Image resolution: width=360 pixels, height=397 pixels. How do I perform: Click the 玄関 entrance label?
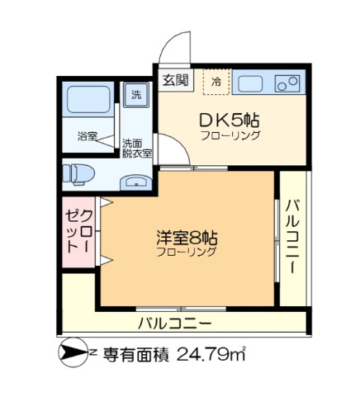pyautogui.click(x=175, y=80)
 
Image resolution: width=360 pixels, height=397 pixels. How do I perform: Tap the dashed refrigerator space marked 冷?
pyautogui.click(x=216, y=82)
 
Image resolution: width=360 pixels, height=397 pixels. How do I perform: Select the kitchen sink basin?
pyautogui.click(x=250, y=83)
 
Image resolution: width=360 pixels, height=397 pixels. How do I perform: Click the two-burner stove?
pyautogui.click(x=287, y=83)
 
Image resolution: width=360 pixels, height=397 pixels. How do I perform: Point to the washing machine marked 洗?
pyautogui.click(x=136, y=95)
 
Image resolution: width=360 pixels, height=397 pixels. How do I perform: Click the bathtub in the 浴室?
pyautogui.click(x=88, y=99)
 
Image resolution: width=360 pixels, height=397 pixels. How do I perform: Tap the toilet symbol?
pyautogui.click(x=78, y=174)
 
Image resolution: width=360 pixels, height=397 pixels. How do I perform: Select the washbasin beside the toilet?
pyautogui.click(x=135, y=182)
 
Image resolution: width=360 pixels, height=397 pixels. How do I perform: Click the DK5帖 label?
pyautogui.click(x=230, y=121)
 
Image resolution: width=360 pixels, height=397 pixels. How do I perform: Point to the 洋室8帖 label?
pyautogui.click(x=187, y=238)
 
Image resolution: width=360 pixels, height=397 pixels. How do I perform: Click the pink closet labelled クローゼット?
pyautogui.click(x=78, y=232)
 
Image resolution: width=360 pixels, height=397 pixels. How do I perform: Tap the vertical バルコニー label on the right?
pyautogui.click(x=293, y=237)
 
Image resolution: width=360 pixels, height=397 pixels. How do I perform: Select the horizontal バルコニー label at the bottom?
pyautogui.click(x=175, y=324)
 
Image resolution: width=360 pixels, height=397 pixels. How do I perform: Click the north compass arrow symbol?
pyautogui.click(x=73, y=352)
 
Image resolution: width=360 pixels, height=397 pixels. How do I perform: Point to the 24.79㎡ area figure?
pyautogui.click(x=211, y=354)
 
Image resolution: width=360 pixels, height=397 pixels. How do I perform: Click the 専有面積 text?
pyautogui.click(x=135, y=355)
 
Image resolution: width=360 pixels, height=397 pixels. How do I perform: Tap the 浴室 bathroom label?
pyautogui.click(x=88, y=136)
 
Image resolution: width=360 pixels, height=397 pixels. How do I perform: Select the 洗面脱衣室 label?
pyautogui.click(x=137, y=149)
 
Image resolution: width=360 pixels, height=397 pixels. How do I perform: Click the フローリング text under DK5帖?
pyautogui.click(x=230, y=135)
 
